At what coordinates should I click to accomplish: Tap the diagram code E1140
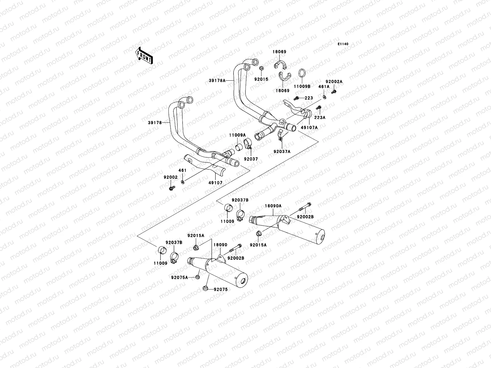(343, 44)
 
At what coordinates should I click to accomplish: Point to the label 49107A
(309, 127)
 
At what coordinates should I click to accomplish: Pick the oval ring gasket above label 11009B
(302, 74)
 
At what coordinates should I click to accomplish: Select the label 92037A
(282, 151)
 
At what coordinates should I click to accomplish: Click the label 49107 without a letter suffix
(216, 183)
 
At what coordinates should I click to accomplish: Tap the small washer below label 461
(183, 182)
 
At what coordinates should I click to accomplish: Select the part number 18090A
(273, 206)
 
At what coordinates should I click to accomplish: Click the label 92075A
(180, 278)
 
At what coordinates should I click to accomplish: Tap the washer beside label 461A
(324, 98)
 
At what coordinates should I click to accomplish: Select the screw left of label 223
(297, 98)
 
